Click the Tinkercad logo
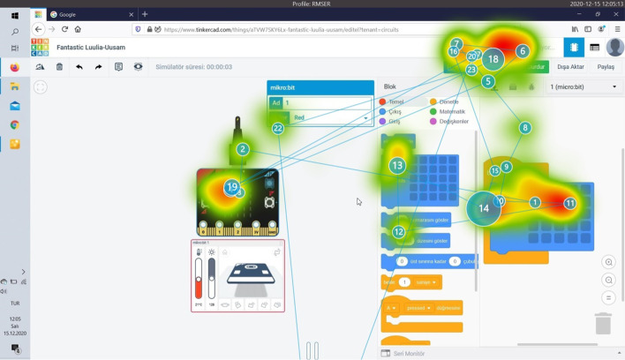[x=40, y=48]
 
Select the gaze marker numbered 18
[x=493, y=59]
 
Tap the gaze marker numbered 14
[x=484, y=208]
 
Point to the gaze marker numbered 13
[x=397, y=165]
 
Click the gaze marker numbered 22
[x=278, y=128]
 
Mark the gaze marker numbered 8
[x=525, y=128]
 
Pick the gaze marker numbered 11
[x=570, y=203]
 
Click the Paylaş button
[x=605, y=66]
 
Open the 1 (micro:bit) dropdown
[x=583, y=86]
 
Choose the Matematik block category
[x=450, y=112]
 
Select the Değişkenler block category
[x=453, y=122]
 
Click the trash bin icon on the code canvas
[x=603, y=323]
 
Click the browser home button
[x=78, y=29]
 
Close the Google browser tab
[x=131, y=14]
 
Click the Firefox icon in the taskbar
[x=15, y=67]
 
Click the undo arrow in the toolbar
[x=79, y=67]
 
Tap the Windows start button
[x=15, y=15]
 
